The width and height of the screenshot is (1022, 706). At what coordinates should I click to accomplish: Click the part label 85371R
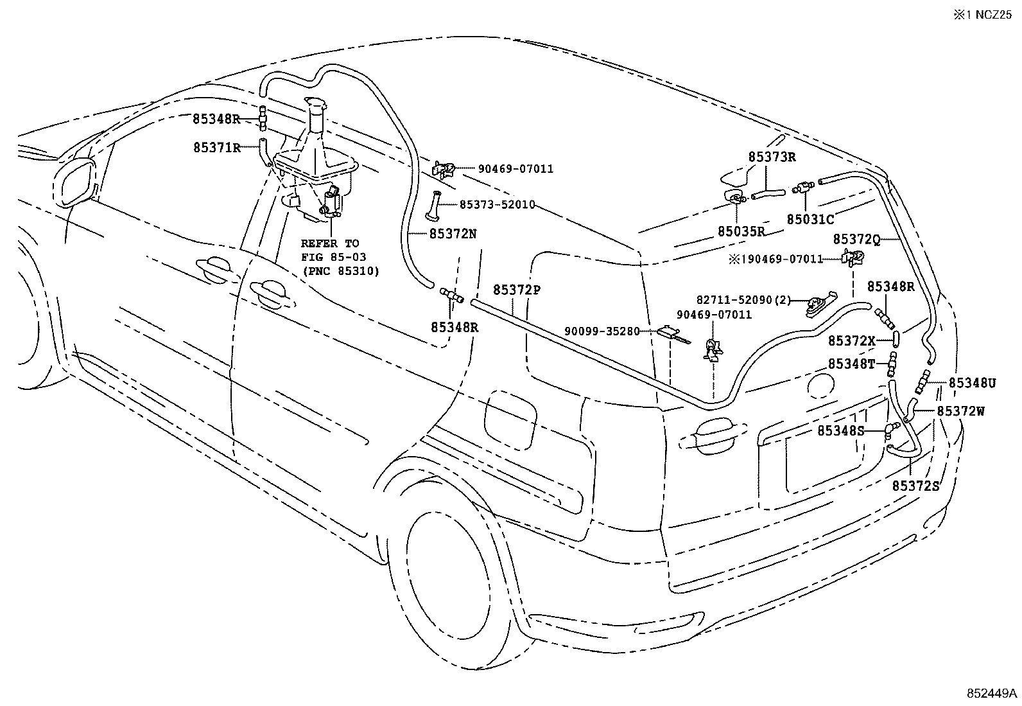pyautogui.click(x=216, y=147)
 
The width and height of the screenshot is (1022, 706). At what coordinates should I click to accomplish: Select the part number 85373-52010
pyautogui.click(x=497, y=204)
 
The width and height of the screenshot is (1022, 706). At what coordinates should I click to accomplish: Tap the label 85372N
pyautogui.click(x=453, y=234)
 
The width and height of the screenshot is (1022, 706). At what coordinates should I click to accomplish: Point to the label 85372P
pyautogui.click(x=517, y=290)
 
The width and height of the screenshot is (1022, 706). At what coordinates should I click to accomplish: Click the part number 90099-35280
pyautogui.click(x=602, y=331)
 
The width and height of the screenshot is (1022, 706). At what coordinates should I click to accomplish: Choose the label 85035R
pyautogui.click(x=741, y=231)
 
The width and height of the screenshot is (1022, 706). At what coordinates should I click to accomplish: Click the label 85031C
pyautogui.click(x=810, y=220)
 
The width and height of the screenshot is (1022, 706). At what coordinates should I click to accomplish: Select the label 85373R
pyautogui.click(x=772, y=157)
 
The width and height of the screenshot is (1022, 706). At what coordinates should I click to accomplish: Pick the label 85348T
pyautogui.click(x=851, y=364)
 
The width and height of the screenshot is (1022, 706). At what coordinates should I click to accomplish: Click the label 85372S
pyautogui.click(x=915, y=486)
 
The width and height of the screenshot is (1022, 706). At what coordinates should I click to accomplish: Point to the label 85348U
pyautogui.click(x=972, y=384)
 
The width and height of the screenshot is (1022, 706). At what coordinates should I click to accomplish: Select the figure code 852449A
pyautogui.click(x=992, y=694)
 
